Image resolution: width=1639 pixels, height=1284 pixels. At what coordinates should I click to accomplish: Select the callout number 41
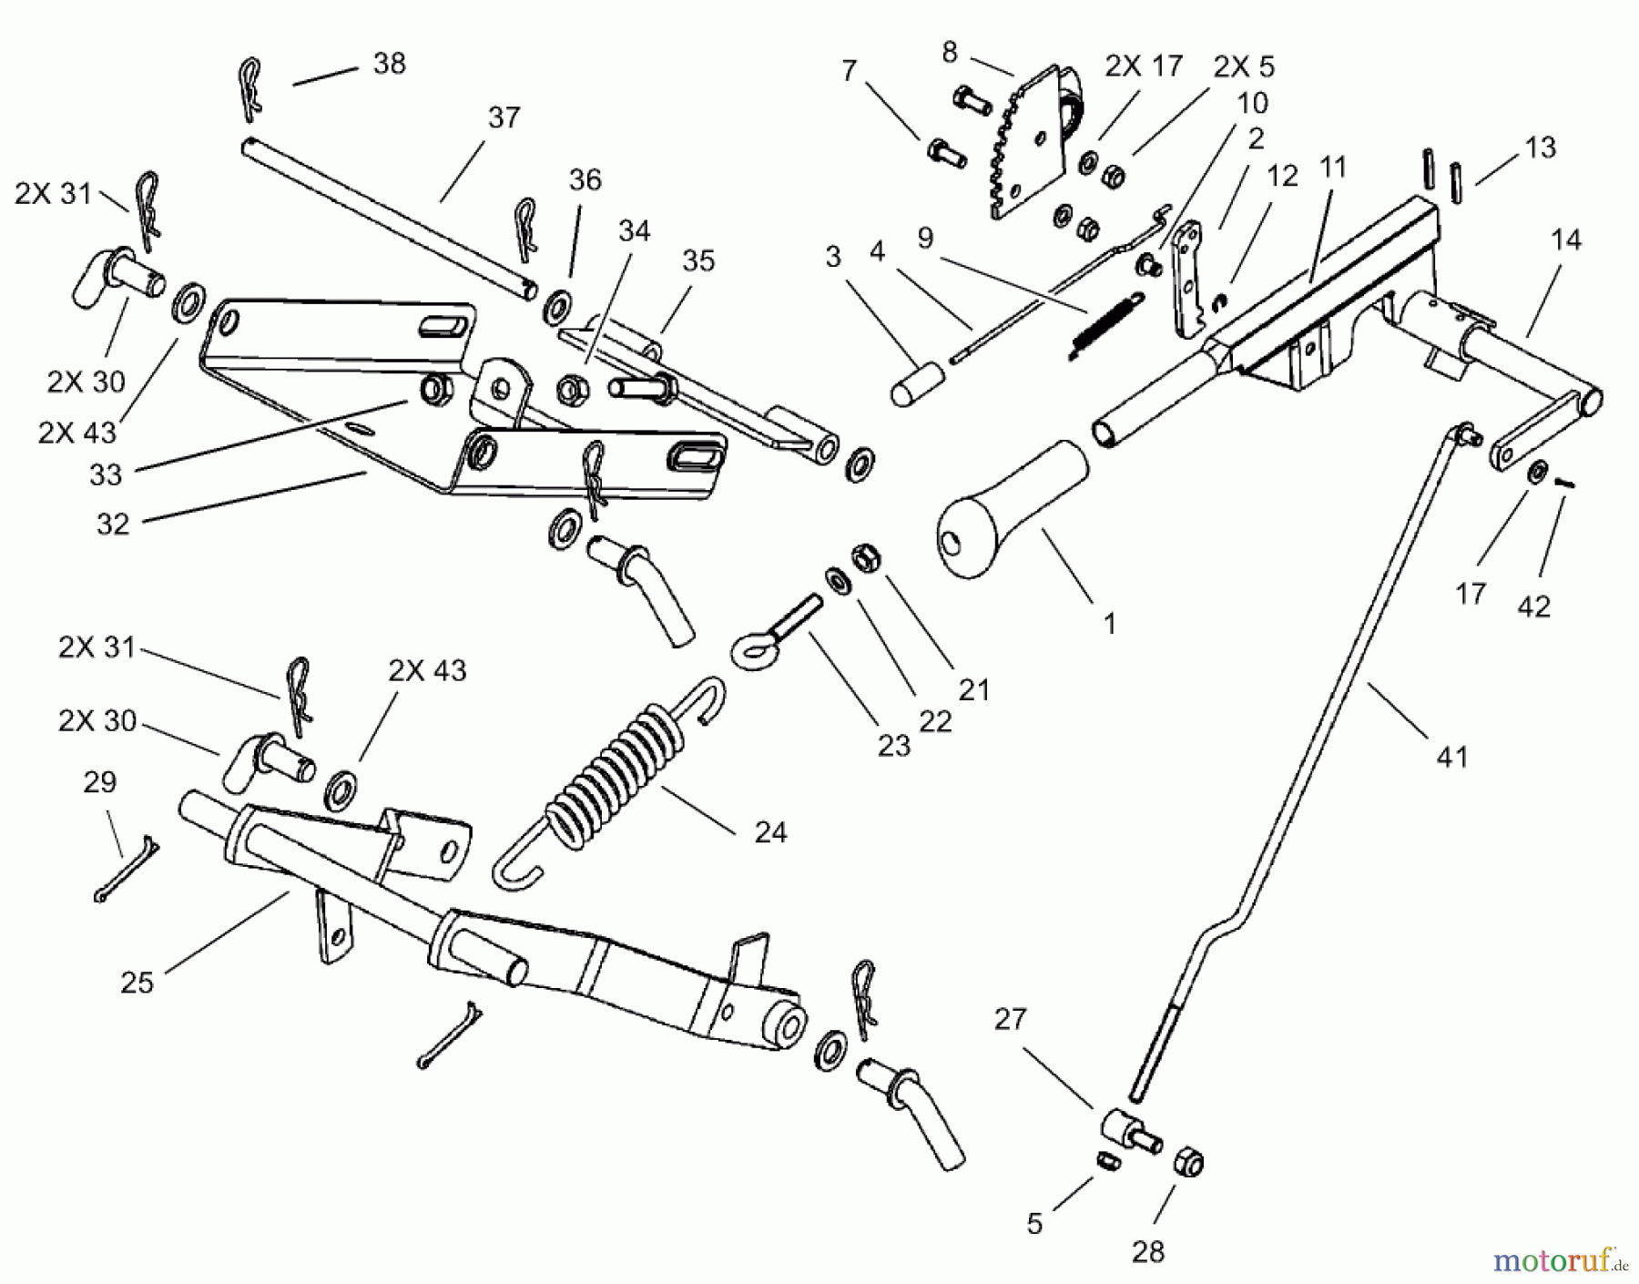pyautogui.click(x=1452, y=756)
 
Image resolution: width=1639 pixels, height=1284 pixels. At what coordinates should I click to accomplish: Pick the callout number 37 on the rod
pyautogui.click(x=504, y=117)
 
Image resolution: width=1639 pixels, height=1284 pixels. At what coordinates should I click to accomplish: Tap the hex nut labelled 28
pyautogui.click(x=1189, y=1162)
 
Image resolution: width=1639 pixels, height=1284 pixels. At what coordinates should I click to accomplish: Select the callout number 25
pyautogui.click(x=137, y=983)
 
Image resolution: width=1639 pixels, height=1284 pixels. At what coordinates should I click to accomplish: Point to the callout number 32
pyautogui.click(x=113, y=524)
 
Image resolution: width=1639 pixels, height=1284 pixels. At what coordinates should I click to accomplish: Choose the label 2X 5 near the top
pyautogui.click(x=1244, y=67)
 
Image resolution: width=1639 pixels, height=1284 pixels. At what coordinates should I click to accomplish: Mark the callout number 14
pyautogui.click(x=1565, y=240)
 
